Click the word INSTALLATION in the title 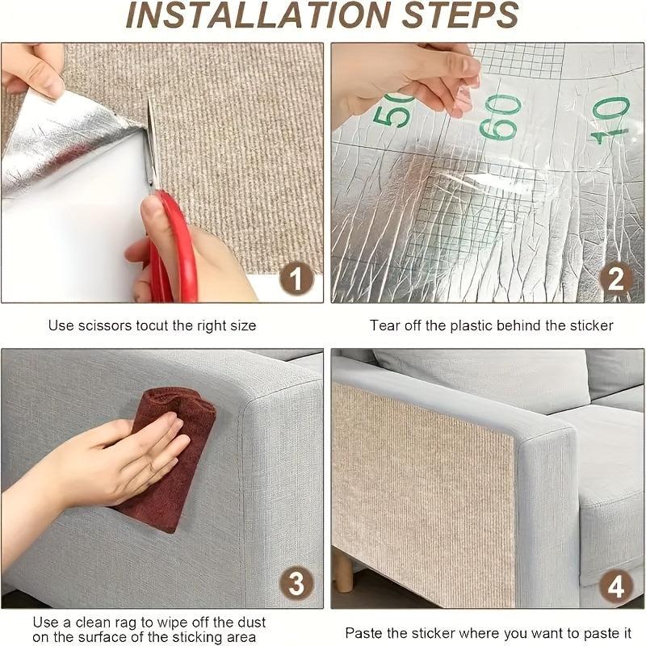pyautogui.click(x=258, y=15)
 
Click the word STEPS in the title pyautogui.click(x=460, y=15)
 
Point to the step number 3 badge pyautogui.click(x=296, y=583)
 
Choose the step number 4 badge pyautogui.click(x=615, y=586)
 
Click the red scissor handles pyautogui.click(x=174, y=247)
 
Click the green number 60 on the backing pyautogui.click(x=500, y=117)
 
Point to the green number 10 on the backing pyautogui.click(x=610, y=120)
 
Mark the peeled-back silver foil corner pyautogui.click(x=62, y=140)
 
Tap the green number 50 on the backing pyautogui.click(x=392, y=109)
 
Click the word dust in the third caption pyautogui.click(x=252, y=622)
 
